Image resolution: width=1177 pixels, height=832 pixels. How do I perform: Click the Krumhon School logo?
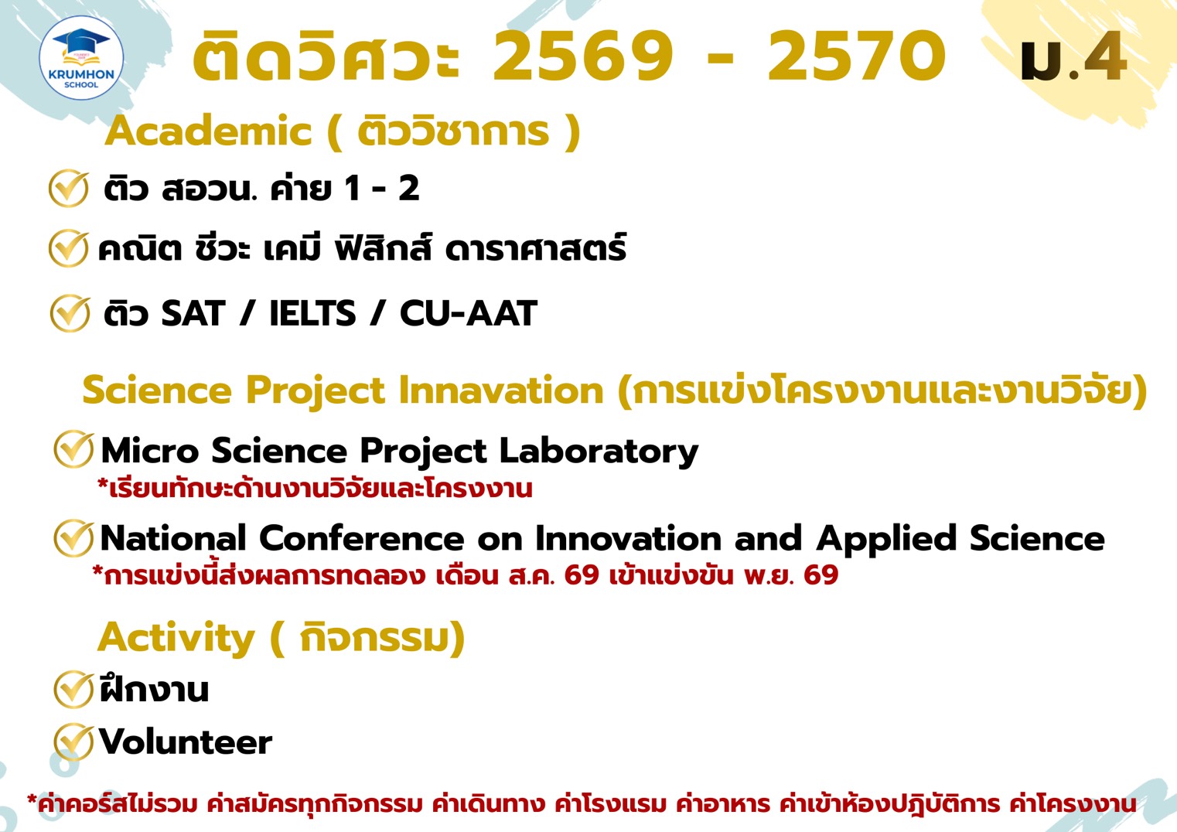81,58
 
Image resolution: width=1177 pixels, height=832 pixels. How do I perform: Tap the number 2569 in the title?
583,56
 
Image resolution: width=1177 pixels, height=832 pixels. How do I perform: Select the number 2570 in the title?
856,56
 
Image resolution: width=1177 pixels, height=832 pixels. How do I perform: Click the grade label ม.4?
1073,59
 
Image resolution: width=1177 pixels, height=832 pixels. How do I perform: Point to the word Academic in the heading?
209,131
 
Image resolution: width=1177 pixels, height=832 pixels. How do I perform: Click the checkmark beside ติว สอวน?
69,188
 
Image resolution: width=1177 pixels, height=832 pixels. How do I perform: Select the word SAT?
193,313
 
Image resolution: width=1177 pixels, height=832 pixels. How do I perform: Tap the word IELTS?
312,313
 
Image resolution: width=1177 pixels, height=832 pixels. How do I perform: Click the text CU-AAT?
468,313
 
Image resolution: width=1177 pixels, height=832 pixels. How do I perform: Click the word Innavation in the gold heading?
500,390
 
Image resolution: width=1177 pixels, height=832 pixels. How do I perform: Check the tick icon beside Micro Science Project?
73,449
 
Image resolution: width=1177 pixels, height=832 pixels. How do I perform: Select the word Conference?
361,538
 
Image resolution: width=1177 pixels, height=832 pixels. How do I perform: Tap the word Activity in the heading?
176,638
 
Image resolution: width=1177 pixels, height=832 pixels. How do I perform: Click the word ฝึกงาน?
155,689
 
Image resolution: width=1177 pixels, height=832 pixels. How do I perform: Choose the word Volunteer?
186,742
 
